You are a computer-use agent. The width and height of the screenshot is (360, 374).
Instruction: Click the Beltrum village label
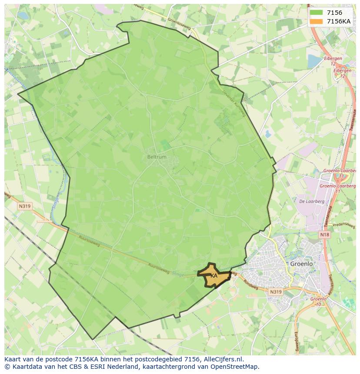click(x=157, y=157)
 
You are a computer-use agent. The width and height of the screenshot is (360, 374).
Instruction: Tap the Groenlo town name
click(x=301, y=264)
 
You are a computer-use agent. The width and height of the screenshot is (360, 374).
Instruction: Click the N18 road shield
click(x=324, y=235)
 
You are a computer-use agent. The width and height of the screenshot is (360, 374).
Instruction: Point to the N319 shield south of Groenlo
click(x=275, y=292)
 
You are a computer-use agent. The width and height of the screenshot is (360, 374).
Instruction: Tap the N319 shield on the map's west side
click(x=24, y=206)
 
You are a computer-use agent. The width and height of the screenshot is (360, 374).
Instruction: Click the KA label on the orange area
click(x=214, y=275)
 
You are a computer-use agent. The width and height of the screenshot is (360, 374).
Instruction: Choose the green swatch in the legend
click(x=317, y=13)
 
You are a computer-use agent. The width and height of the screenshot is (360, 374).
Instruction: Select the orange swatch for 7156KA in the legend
click(x=317, y=21)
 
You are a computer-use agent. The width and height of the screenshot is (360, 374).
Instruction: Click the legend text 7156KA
click(x=339, y=21)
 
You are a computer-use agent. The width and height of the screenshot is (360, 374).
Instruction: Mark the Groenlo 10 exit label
click(x=319, y=301)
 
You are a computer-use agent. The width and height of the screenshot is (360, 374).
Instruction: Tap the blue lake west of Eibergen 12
click(x=314, y=61)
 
